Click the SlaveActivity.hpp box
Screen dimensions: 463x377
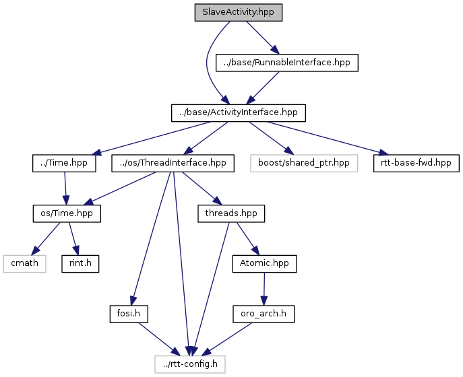click(239, 12)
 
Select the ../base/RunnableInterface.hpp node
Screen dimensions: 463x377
click(286, 63)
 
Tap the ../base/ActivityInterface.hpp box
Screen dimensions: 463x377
click(239, 112)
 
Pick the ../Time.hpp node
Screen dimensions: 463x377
click(64, 163)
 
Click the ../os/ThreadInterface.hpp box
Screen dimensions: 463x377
click(173, 163)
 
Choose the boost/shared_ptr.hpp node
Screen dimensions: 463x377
click(304, 163)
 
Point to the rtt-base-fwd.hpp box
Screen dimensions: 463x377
click(416, 163)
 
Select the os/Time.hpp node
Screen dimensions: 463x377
click(67, 213)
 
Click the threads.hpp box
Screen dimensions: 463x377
click(231, 213)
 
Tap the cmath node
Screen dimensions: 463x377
click(24, 263)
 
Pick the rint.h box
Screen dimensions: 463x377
click(80, 263)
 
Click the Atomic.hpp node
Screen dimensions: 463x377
click(264, 263)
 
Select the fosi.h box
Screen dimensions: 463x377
click(129, 314)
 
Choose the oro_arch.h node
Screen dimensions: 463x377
click(264, 314)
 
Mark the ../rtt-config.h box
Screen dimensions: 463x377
click(190, 364)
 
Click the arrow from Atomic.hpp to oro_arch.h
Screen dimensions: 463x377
click(264, 289)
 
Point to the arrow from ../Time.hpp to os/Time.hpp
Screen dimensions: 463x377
click(65, 188)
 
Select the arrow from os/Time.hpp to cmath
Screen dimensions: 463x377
click(46, 238)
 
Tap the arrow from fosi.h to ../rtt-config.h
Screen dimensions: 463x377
click(159, 339)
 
